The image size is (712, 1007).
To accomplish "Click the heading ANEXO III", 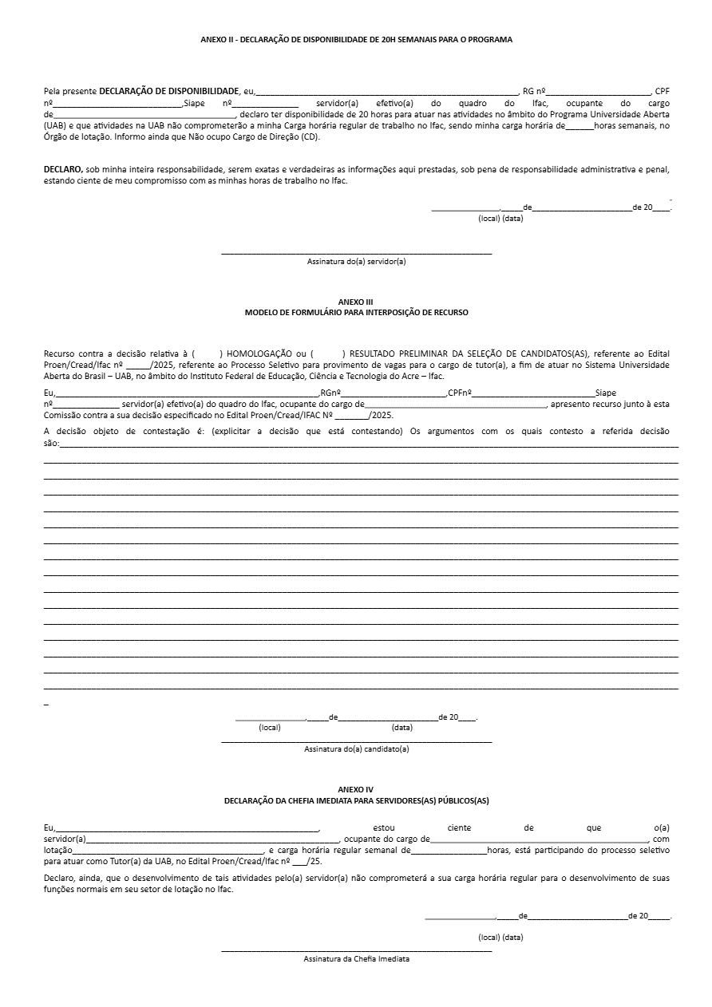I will coord(356,302).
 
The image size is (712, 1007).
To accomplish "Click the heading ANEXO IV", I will coord(356,789).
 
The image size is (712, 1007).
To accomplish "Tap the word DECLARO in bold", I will coord(63,169).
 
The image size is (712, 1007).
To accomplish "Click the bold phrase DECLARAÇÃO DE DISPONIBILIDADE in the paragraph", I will coord(169,91).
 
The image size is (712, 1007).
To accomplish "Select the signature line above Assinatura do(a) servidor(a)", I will coord(356,254).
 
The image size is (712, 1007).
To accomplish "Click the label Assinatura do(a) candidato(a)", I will coord(356,749).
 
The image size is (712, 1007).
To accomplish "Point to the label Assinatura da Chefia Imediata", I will coord(356,958).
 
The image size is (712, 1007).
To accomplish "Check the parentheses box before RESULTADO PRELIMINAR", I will coord(327,353).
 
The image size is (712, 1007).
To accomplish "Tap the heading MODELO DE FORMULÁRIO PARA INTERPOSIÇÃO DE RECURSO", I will coord(356,313).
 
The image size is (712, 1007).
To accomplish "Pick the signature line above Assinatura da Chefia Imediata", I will coord(356,950).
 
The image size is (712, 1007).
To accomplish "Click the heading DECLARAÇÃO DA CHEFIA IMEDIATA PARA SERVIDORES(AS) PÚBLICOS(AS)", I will coord(356,800).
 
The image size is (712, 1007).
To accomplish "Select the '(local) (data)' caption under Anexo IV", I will coord(500,937).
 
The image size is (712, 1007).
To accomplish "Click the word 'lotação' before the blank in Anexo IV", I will coord(57,851).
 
